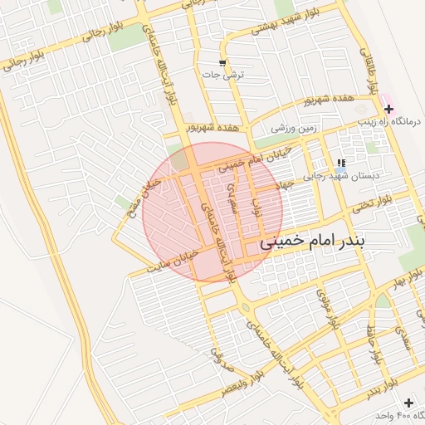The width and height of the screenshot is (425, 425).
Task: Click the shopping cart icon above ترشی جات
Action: [x=222, y=63]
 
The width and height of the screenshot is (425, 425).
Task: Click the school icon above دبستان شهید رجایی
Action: [x=341, y=163]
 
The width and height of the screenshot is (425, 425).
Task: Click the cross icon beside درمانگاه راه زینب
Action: [x=388, y=109]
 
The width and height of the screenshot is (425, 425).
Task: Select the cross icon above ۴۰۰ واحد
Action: [x=407, y=402]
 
